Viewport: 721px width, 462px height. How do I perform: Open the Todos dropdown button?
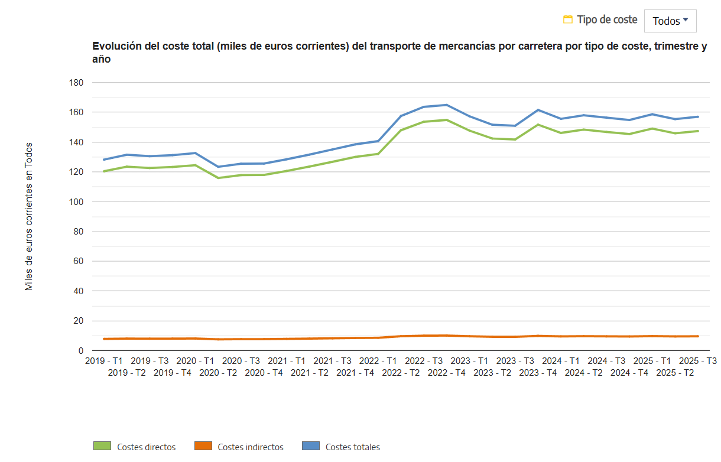(x=670, y=21)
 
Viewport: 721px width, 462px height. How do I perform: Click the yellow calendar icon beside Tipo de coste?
(x=568, y=19)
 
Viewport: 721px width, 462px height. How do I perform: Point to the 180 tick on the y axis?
(x=76, y=83)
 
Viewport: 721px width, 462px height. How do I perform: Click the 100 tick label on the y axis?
(x=76, y=202)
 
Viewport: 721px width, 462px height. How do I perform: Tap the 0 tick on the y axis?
(x=80, y=351)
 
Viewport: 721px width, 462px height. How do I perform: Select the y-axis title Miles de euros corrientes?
(x=29, y=216)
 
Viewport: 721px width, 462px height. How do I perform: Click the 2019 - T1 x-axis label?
(x=104, y=361)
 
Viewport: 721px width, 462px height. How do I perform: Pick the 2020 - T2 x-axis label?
(x=218, y=373)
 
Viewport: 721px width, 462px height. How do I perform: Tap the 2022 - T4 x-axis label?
(x=447, y=373)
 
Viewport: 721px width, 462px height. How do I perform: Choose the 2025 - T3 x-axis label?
(x=698, y=361)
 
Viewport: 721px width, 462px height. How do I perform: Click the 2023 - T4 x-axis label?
(x=538, y=373)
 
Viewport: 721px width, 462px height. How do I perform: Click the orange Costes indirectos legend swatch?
(x=203, y=447)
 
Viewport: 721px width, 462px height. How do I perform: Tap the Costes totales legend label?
(x=352, y=447)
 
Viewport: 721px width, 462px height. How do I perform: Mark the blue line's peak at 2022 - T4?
(x=447, y=105)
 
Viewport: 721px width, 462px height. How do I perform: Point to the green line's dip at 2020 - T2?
(x=218, y=178)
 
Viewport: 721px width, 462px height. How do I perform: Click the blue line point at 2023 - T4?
(x=538, y=110)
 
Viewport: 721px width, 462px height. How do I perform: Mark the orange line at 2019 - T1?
(x=105, y=339)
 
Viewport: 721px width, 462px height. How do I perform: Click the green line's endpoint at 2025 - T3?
(x=698, y=131)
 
